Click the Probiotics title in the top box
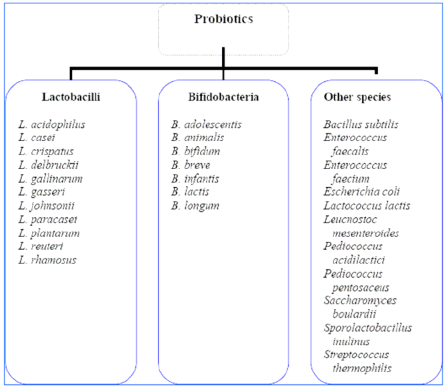coord(223,19)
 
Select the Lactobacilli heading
coord(71,97)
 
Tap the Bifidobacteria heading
coord(223,97)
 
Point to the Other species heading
coord(357,97)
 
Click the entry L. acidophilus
coord(52,125)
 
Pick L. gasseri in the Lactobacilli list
coord(41,192)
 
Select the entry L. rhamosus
coord(47,260)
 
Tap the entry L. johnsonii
coord(47,206)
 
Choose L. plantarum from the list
coord(49,233)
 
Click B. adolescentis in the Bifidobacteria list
coord(207,125)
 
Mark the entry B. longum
coord(195,206)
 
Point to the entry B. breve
coord(191,165)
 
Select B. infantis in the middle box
coord(195,179)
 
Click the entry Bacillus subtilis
coord(361,125)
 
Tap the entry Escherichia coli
coord(361,192)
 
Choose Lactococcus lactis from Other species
coord(367,206)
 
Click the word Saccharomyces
coord(360,300)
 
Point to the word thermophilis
coord(362,368)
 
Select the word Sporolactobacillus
coord(368,328)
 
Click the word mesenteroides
coord(365,233)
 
